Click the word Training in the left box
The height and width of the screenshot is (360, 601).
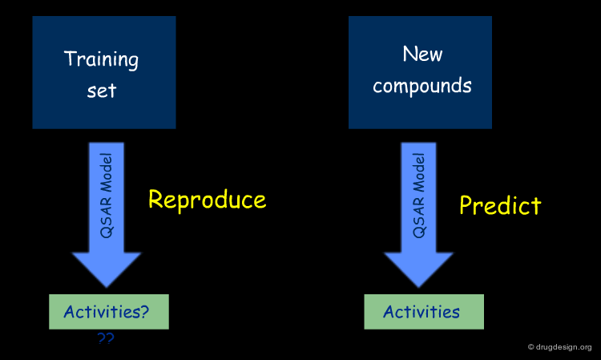101,60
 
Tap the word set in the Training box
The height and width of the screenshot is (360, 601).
102,91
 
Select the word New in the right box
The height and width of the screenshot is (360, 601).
422,54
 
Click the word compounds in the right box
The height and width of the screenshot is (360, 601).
422,86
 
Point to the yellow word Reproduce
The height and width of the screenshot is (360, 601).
208,200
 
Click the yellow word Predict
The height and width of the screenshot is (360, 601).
500,205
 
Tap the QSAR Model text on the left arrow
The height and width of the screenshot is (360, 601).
106,196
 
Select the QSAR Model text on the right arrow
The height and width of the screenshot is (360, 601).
418,196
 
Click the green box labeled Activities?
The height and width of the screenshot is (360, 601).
109,312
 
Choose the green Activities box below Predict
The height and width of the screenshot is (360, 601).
424,312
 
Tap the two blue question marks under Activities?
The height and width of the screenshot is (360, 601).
106,338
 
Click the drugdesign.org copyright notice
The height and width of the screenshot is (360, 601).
559,347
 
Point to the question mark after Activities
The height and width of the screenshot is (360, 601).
144,311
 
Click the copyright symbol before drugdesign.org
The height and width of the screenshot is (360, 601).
530,347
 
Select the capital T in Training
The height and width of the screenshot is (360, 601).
71,59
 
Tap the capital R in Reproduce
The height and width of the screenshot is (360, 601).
155,199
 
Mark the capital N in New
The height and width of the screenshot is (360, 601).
409,54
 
